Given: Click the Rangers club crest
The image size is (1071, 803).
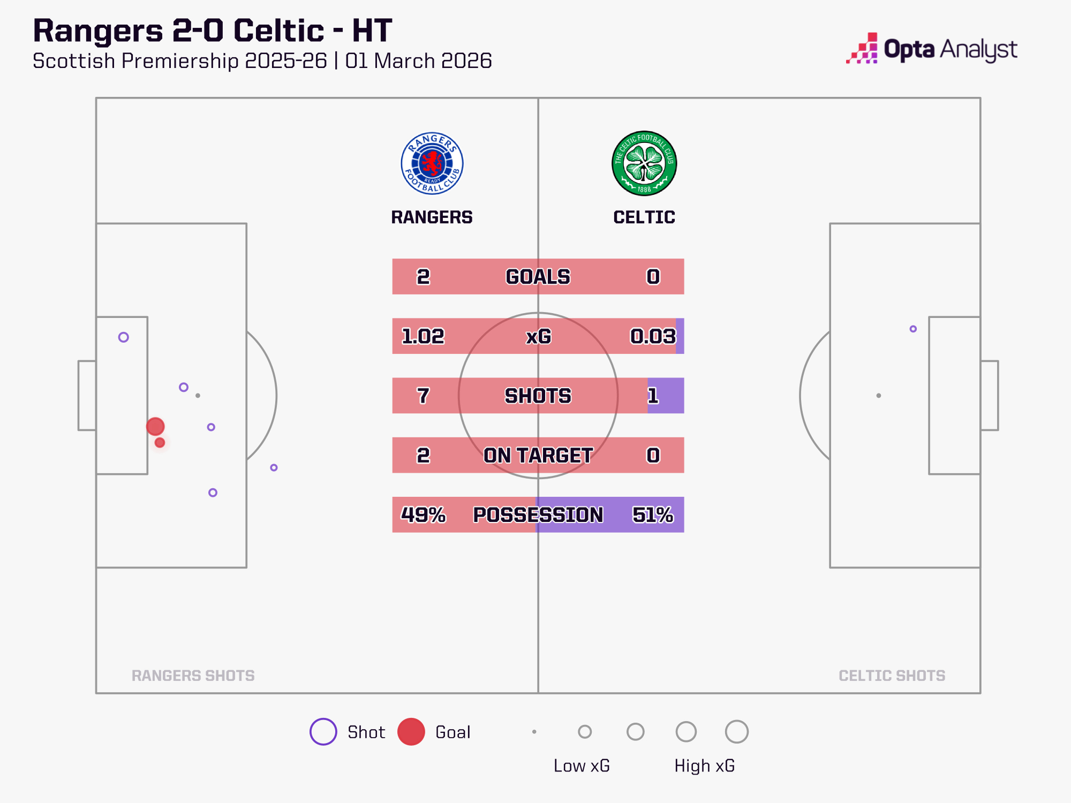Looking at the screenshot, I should click(432, 163).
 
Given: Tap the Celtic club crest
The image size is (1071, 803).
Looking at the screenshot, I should click(644, 163).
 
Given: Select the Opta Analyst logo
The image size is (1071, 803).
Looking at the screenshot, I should click(932, 49).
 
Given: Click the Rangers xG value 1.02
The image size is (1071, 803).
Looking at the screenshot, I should click(423, 336).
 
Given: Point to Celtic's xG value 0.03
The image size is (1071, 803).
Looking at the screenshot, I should click(653, 336).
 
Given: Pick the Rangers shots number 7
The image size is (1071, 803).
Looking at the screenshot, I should click(423, 396).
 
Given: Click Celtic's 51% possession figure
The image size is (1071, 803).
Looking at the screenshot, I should click(653, 514).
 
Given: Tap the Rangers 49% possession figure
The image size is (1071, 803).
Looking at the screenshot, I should click(423, 514).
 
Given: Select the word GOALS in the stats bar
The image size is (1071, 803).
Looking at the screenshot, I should click(538, 277).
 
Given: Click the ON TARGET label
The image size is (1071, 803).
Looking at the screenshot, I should click(538, 455).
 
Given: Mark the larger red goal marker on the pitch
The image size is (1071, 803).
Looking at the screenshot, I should click(155, 427).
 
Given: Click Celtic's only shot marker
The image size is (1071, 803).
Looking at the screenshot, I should click(913, 329).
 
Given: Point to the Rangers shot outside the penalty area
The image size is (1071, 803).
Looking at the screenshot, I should click(274, 467).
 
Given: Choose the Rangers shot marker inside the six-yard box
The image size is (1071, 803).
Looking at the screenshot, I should click(124, 337).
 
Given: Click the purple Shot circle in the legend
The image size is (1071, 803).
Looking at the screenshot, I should click(323, 732).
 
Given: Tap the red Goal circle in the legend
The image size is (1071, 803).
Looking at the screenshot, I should click(411, 732).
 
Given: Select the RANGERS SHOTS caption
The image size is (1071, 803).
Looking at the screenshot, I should click(193, 676).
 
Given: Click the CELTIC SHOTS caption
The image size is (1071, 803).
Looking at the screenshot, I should click(892, 676).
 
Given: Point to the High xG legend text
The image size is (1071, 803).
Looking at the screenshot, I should click(704, 766).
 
